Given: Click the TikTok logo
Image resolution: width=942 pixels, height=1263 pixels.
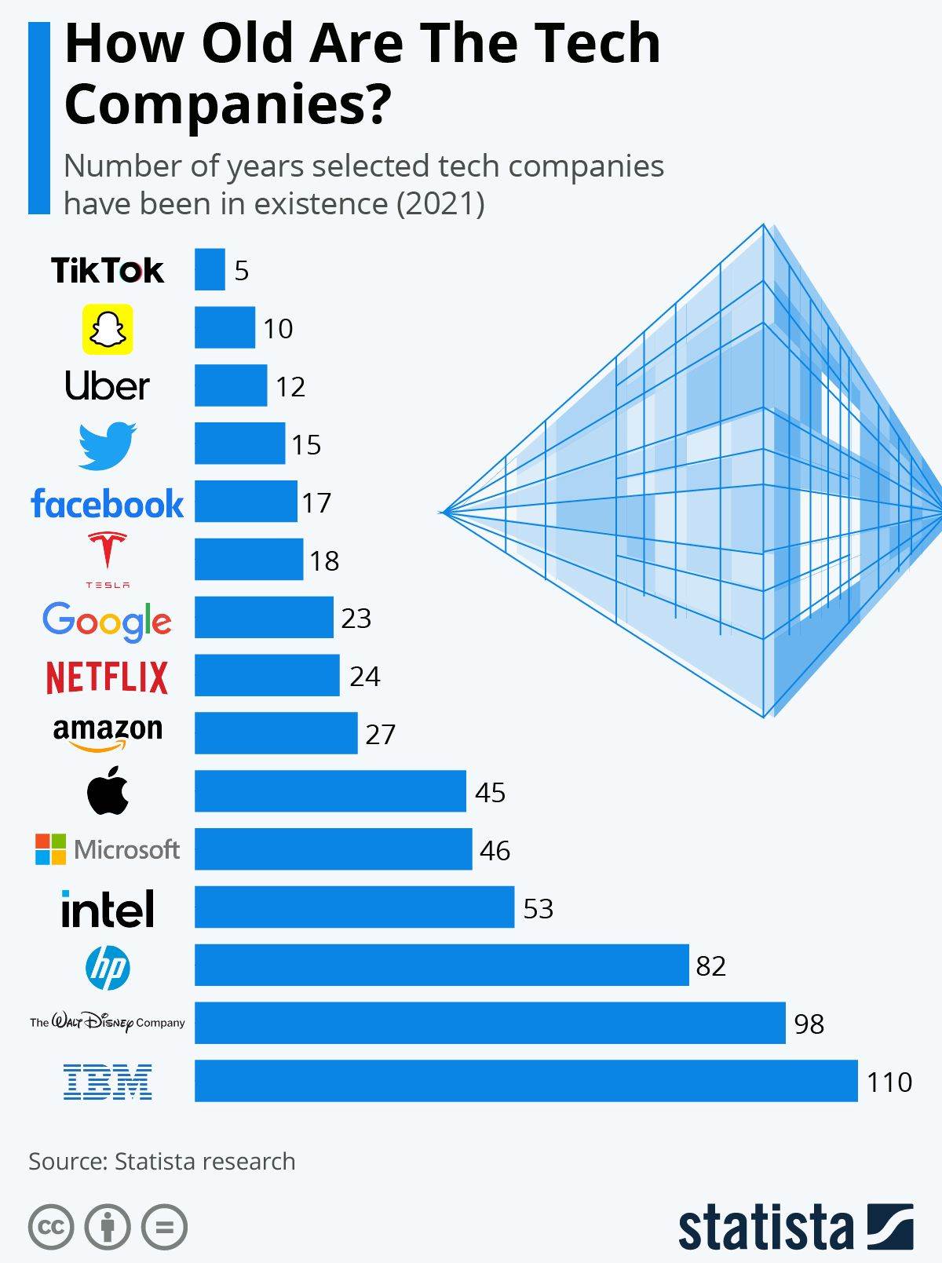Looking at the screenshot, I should (108, 271).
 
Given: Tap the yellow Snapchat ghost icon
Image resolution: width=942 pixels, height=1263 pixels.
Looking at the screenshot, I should (108, 329).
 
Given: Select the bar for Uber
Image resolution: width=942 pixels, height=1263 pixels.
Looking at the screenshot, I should (231, 385).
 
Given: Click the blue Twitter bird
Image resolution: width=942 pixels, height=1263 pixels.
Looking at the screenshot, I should (108, 445).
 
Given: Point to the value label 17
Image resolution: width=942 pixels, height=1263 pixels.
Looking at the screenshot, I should (316, 502).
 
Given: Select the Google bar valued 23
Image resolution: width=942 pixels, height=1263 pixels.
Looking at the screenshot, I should (264, 618).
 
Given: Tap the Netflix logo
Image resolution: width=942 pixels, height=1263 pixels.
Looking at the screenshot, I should (108, 677).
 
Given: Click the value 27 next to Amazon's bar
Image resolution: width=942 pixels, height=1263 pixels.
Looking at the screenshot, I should (380, 734).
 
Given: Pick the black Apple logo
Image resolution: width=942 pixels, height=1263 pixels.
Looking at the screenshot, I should (108, 790).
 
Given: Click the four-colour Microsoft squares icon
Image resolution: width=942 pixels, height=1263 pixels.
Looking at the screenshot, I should (50, 849).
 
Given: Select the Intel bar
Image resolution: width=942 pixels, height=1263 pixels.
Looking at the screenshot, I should (354, 907).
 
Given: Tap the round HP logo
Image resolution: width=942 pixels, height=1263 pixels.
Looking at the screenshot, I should (108, 966).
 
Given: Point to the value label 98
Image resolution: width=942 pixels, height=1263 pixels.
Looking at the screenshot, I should (809, 1024).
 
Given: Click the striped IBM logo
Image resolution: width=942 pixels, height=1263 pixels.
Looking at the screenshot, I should (108, 1082).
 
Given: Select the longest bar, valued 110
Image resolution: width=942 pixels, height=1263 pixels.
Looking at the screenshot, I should (526, 1081).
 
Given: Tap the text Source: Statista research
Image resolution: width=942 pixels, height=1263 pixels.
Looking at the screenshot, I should (162, 1161).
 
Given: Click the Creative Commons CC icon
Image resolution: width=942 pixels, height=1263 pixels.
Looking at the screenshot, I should (51, 1227).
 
